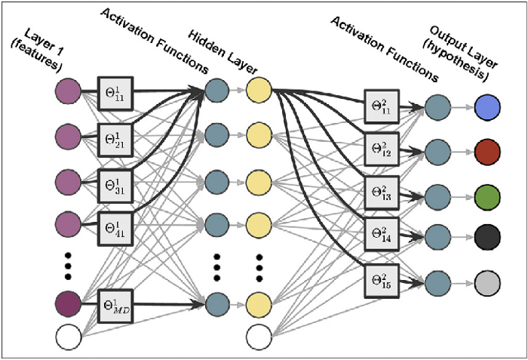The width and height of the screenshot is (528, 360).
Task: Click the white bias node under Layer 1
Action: (x=68, y=337)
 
